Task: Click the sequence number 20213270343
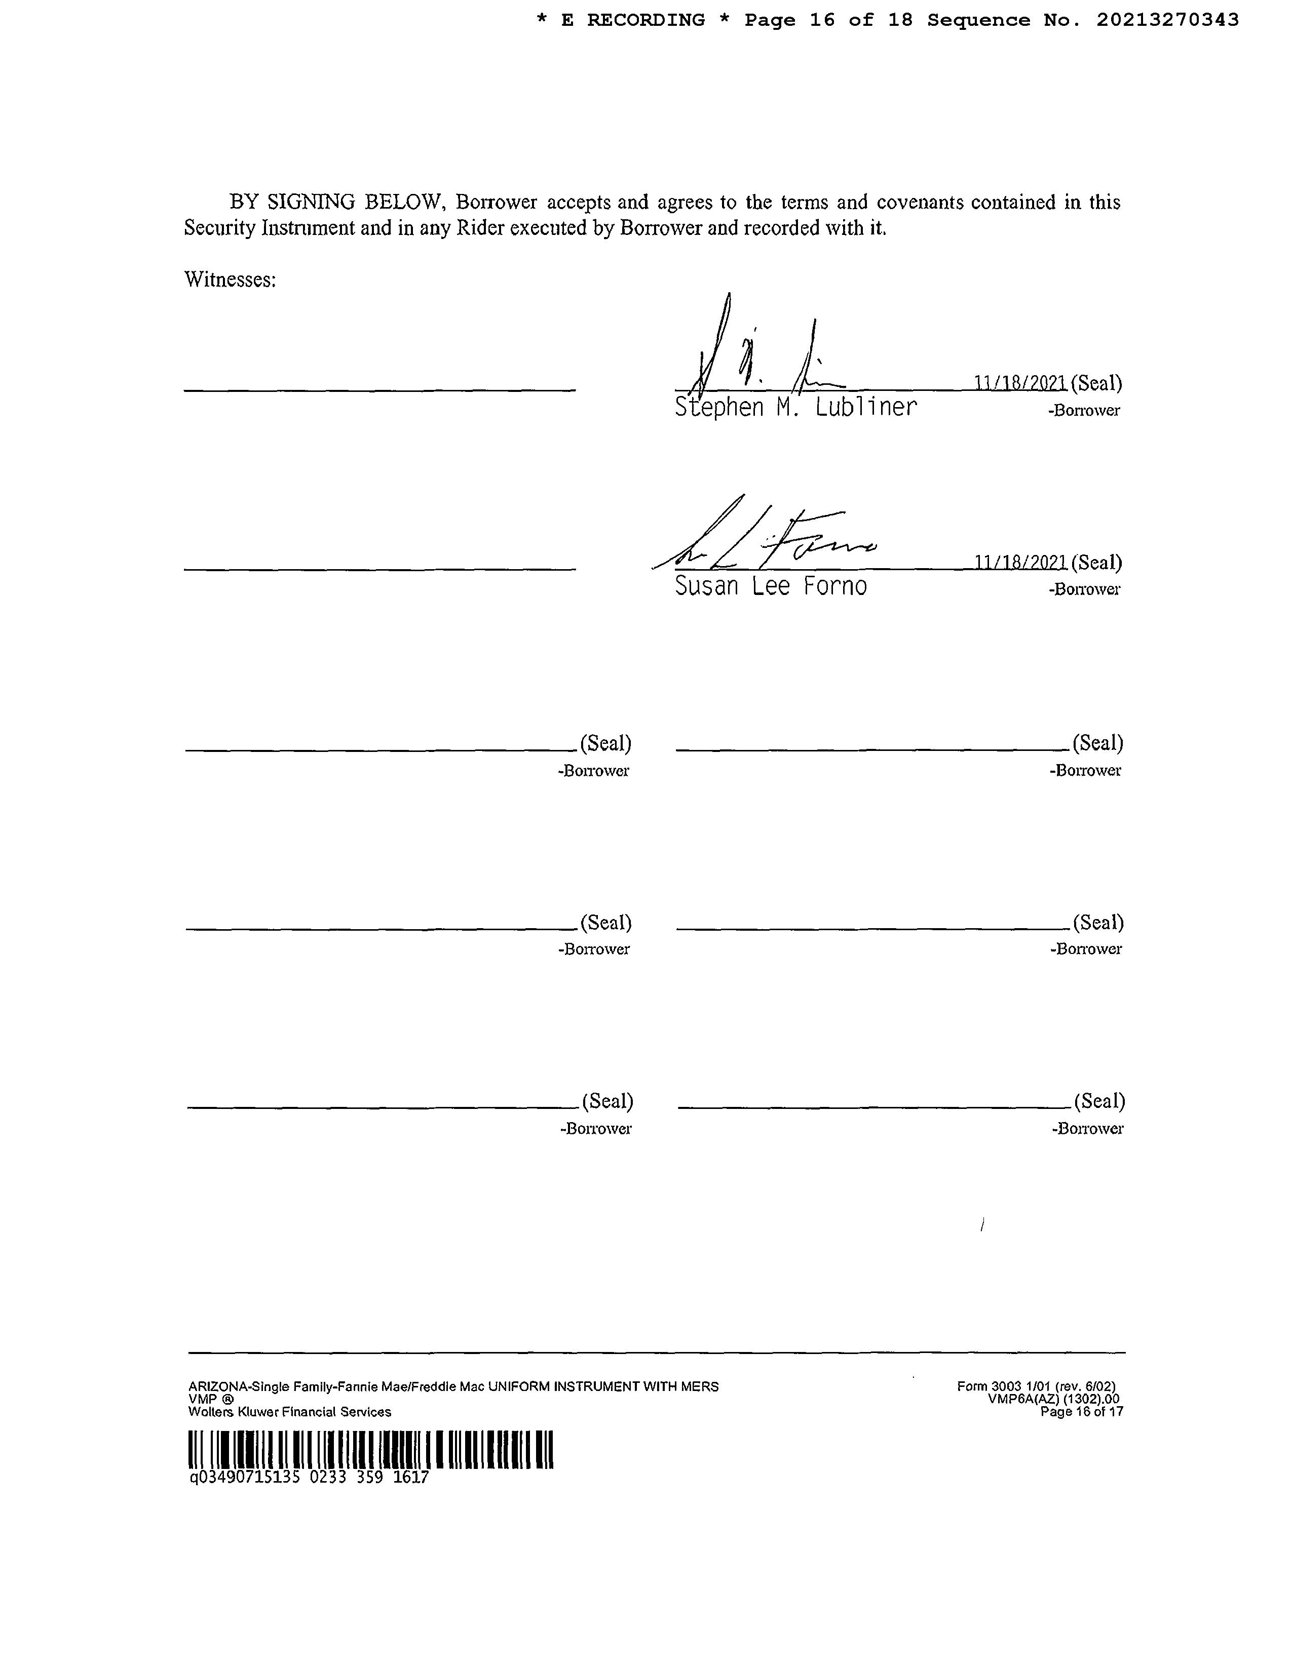point(1167,20)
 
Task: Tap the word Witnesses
point(230,280)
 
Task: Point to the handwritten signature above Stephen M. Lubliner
point(758,352)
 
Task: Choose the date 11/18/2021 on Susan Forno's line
point(1020,563)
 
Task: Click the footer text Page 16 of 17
point(1082,1412)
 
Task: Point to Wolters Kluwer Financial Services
point(289,1412)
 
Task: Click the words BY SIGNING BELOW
point(337,203)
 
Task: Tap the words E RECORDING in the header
point(633,20)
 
